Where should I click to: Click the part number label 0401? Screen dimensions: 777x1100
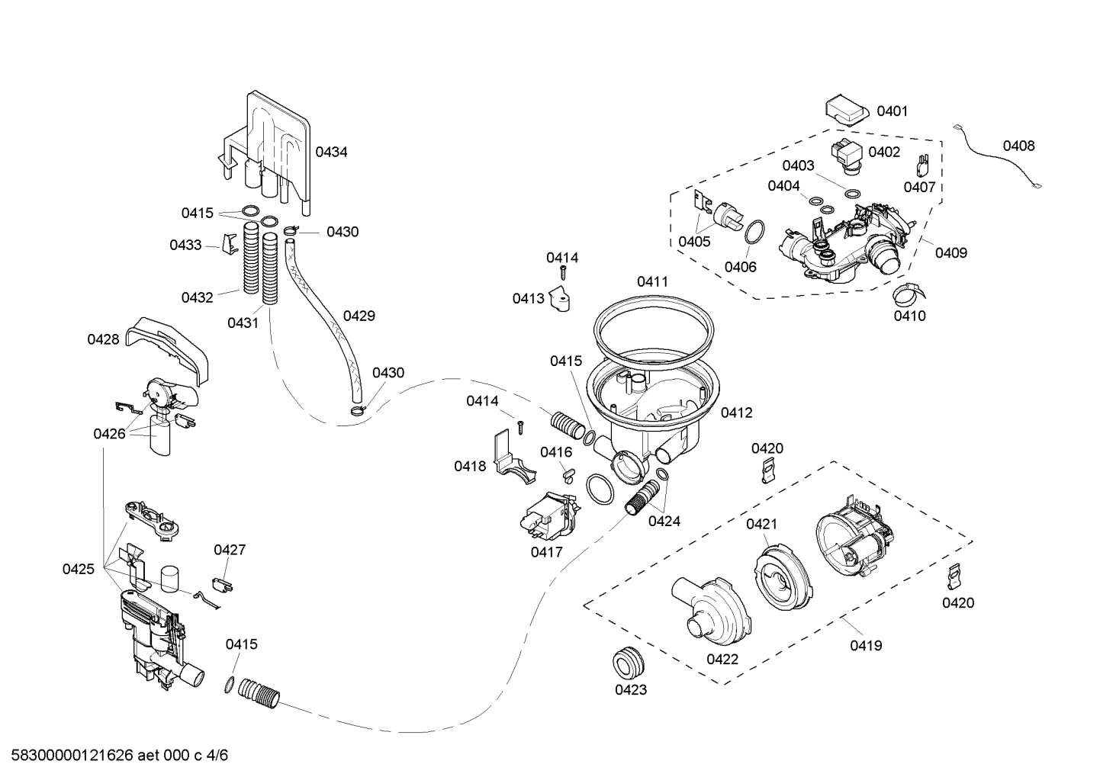pos(892,111)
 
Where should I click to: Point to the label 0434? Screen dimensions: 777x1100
pos(331,152)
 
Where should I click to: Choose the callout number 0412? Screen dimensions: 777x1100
pos(736,413)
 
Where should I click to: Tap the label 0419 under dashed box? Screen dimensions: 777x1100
pos(866,646)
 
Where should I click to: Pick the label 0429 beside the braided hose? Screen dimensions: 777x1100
pos(359,316)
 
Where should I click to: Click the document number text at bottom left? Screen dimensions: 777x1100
pos(114,756)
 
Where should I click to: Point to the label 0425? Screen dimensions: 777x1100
pos(79,569)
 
